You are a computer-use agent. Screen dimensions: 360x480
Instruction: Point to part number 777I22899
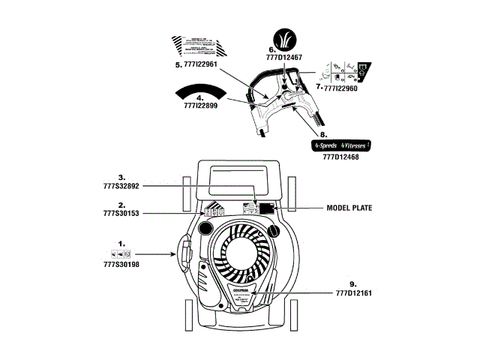pos(200,106)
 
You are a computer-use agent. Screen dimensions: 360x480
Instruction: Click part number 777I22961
pos(196,64)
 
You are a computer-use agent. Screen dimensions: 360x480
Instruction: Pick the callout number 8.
pos(323,134)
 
